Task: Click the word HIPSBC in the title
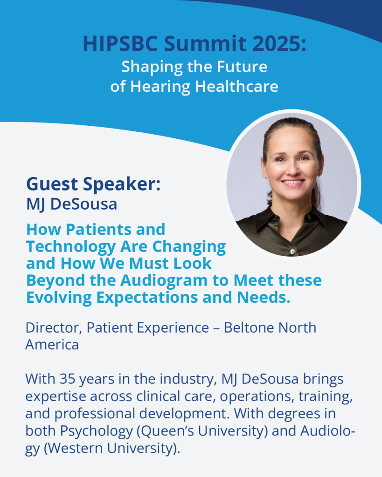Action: (120, 43)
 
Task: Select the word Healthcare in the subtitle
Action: (236, 86)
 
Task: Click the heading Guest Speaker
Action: (94, 184)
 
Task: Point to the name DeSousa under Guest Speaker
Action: (84, 204)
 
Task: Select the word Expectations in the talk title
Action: (147, 298)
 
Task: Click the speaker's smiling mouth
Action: (292, 182)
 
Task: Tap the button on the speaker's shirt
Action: (292, 251)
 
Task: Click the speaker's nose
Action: (293, 169)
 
